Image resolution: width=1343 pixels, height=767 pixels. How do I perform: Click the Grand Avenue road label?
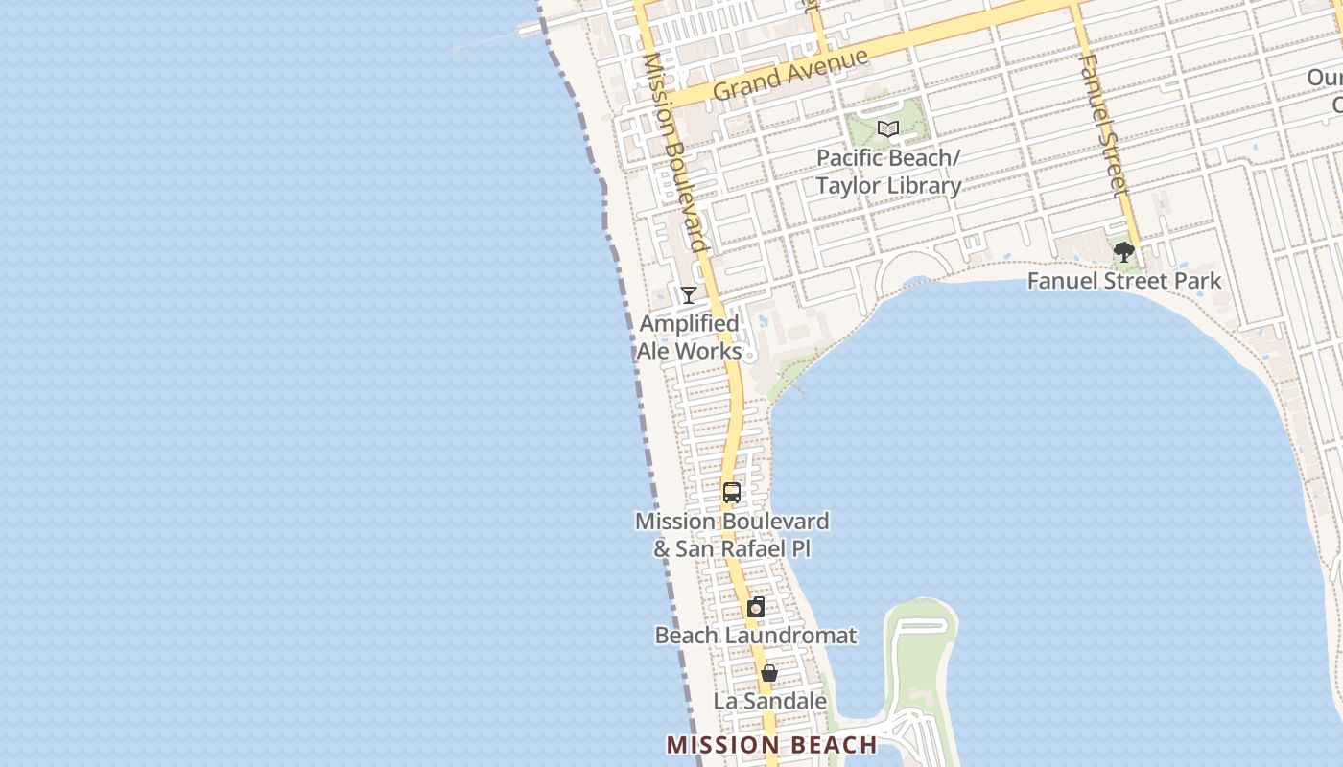click(x=790, y=74)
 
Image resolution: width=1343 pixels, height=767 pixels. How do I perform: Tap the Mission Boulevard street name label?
click(x=676, y=153)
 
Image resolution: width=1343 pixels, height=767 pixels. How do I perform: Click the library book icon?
click(x=888, y=128)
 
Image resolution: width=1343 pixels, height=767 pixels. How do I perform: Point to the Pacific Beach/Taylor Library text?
click(x=888, y=172)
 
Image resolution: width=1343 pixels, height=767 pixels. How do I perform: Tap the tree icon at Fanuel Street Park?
click(x=1124, y=252)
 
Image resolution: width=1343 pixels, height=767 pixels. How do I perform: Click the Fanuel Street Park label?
click(x=1124, y=281)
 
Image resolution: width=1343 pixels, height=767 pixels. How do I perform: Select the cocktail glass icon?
click(x=688, y=295)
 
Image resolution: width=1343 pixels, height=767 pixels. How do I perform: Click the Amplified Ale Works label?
click(x=689, y=337)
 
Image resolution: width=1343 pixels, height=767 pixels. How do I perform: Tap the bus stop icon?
click(x=732, y=493)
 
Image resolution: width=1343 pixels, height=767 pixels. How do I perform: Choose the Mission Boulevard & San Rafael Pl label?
click(x=732, y=535)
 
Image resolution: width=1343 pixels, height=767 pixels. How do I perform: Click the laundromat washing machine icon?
click(x=756, y=607)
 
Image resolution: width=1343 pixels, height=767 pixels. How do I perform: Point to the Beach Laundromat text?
click(x=756, y=635)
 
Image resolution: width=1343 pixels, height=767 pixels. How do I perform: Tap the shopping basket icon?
click(x=768, y=673)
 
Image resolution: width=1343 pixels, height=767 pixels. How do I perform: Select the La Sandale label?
click(x=769, y=701)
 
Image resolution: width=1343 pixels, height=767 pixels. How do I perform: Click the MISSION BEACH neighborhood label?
click(x=771, y=745)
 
